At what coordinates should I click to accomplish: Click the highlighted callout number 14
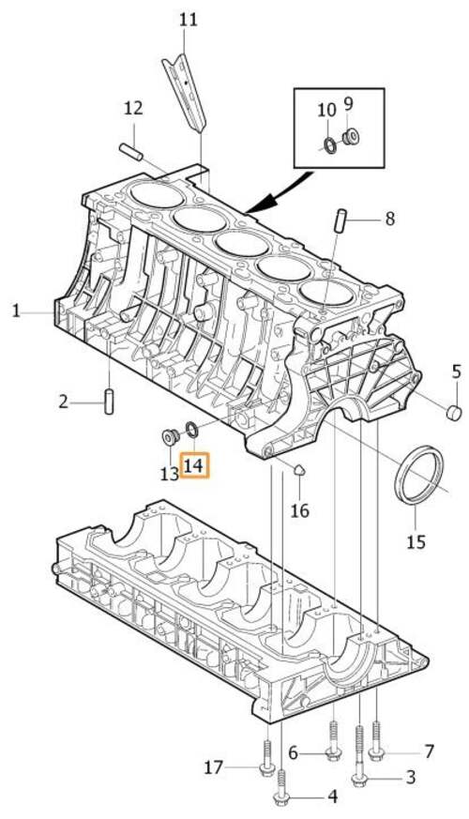196,464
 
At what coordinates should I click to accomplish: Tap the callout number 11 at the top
188,19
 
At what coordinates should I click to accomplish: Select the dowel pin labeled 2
111,401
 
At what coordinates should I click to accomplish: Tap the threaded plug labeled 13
170,436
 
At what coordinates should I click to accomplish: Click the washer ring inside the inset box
329,144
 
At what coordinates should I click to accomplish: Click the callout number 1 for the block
16,311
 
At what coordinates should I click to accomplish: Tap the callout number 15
416,541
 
